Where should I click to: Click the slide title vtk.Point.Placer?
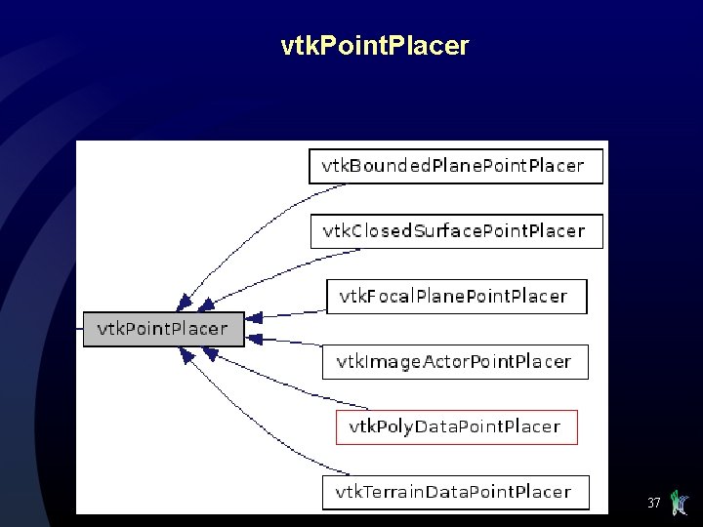374,45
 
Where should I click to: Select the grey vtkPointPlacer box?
162,329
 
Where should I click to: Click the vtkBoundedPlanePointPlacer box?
456,166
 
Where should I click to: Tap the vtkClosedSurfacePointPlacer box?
456,231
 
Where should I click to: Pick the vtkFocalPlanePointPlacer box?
456,296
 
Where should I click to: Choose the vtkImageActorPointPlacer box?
455,361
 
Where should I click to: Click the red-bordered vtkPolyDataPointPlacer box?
456,426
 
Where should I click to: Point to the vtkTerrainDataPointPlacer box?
456,491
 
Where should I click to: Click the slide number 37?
653,504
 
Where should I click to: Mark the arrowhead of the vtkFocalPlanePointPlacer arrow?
255,317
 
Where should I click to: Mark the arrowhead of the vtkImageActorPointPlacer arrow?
255,339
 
